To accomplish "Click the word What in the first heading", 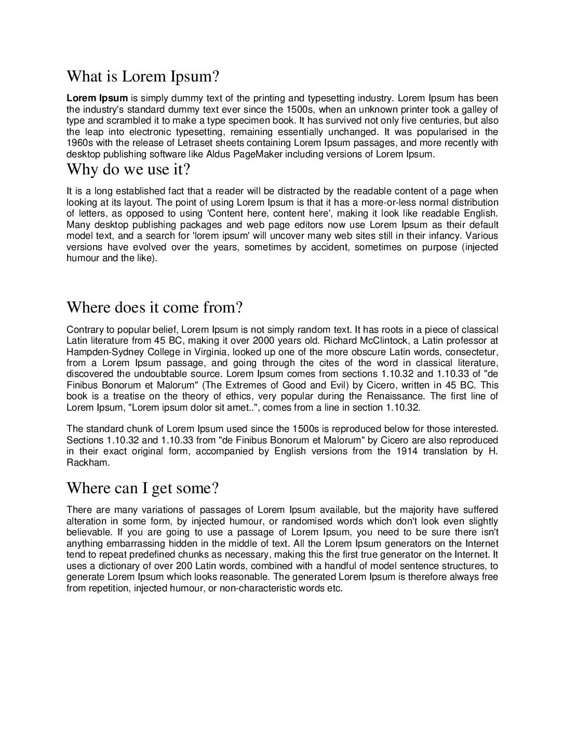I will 85,77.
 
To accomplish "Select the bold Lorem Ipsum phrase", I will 97,98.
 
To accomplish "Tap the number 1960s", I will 77,143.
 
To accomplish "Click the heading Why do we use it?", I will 129,169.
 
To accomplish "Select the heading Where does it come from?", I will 154,307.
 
